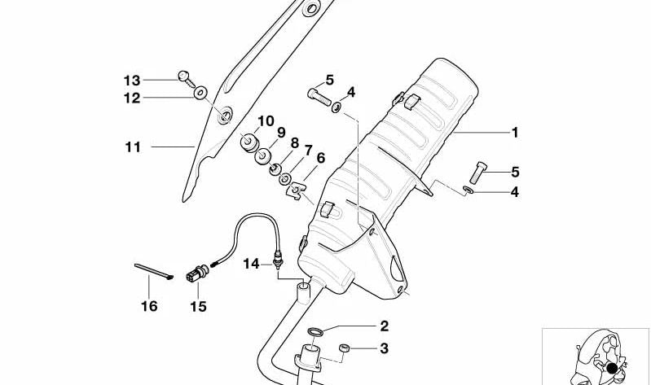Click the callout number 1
[514, 133]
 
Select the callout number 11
[133, 147]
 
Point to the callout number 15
[198, 307]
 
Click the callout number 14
[251, 263]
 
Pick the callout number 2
[384, 327]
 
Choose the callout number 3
[384, 349]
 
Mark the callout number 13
[132, 80]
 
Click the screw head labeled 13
[184, 77]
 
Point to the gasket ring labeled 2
[315, 331]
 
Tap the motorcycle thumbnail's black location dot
[611, 369]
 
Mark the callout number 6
[320, 158]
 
